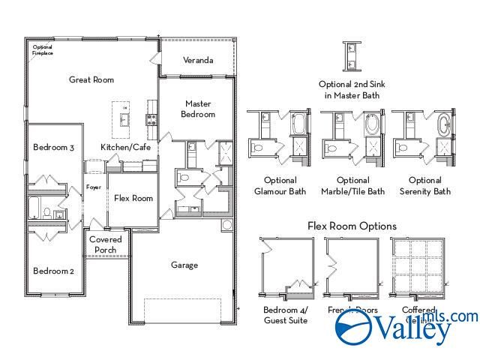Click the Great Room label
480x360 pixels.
[x=91, y=79]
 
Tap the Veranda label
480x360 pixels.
[x=198, y=60]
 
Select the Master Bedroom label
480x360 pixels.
[x=198, y=109]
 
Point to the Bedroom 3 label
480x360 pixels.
[x=53, y=148]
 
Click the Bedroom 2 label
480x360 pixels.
[x=53, y=271]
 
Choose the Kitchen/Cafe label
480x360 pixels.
[x=126, y=148]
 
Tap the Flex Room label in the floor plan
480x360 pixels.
[x=133, y=198]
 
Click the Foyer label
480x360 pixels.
[x=94, y=187]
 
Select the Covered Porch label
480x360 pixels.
[x=106, y=244]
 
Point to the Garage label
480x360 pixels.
[x=184, y=265]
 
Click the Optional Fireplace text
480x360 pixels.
[x=43, y=50]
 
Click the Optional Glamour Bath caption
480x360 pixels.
[x=280, y=186]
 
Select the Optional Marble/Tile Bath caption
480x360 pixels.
[x=352, y=186]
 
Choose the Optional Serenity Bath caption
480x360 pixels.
[x=425, y=186]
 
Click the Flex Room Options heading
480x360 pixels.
[x=352, y=226]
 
